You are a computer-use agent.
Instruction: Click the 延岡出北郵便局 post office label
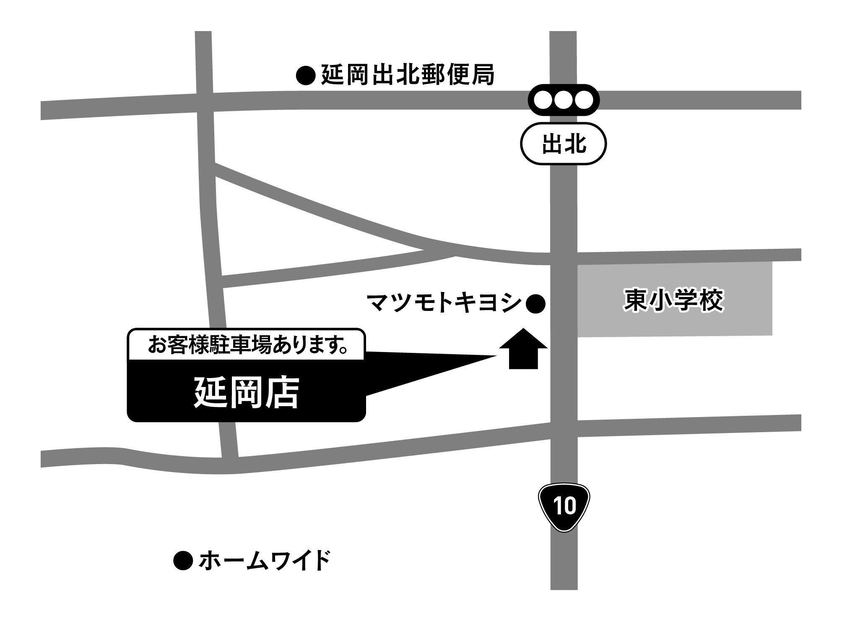point(407,75)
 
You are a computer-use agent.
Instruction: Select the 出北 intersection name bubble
point(563,144)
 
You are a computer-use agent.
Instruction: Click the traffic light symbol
point(563,100)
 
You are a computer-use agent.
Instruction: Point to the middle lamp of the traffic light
point(563,100)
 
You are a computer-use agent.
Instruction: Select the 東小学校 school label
point(674,300)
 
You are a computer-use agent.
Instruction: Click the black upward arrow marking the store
point(523,349)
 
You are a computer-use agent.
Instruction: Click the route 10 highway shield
point(564,506)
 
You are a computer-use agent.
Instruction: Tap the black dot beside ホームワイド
point(183,561)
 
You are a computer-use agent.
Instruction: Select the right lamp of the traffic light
point(583,100)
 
